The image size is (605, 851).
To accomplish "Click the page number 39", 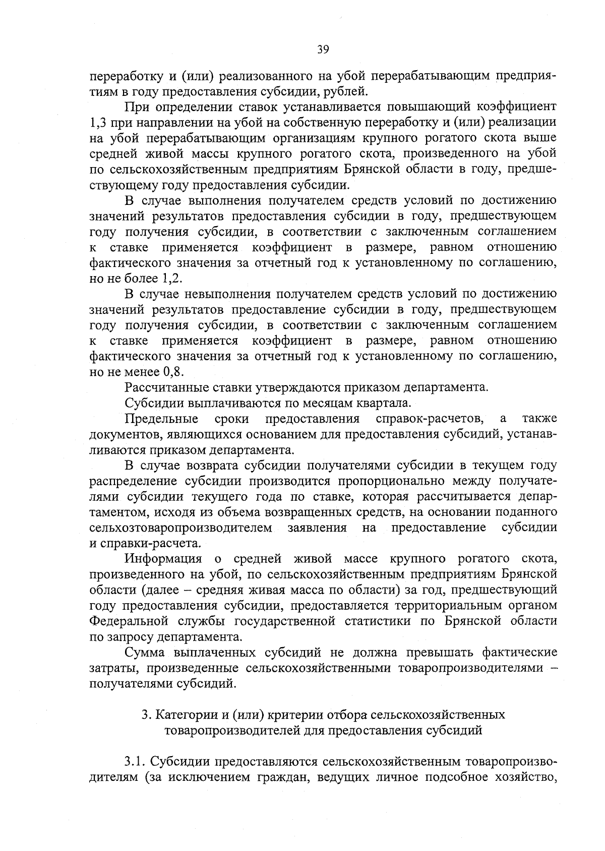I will point(323,49).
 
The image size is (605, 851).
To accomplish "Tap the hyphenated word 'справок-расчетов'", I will point(430,418).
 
